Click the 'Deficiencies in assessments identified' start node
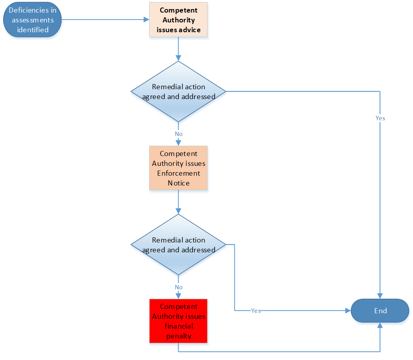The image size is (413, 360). click(x=33, y=20)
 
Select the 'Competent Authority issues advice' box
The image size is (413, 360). click(x=179, y=20)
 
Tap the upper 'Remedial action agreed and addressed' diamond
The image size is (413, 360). click(x=179, y=92)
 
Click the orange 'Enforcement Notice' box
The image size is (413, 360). click(x=179, y=169)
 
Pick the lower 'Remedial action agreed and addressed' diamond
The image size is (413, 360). click(x=179, y=245)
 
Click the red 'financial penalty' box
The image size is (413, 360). click(x=179, y=321)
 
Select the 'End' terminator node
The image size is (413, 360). click(x=380, y=311)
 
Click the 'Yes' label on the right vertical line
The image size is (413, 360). click(x=380, y=118)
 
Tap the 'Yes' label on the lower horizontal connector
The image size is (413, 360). click(x=256, y=311)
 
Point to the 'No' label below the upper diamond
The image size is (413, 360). click(x=179, y=134)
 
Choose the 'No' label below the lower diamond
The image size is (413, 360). click(x=179, y=287)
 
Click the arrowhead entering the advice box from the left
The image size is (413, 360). click(x=145, y=19)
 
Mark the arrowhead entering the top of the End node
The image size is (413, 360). click(x=380, y=296)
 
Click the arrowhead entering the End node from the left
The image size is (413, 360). click(x=347, y=310)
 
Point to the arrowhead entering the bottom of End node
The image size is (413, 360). click(x=380, y=326)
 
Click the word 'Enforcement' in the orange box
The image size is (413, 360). click(x=179, y=173)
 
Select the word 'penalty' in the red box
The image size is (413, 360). click(x=179, y=336)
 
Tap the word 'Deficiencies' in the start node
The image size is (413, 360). click(x=33, y=10)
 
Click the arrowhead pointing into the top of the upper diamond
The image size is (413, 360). click(x=179, y=58)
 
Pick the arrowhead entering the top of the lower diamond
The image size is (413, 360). click(x=179, y=211)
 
